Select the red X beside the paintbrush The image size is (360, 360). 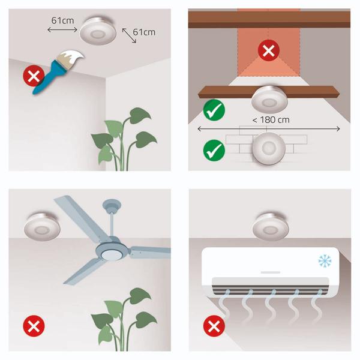point(34,76)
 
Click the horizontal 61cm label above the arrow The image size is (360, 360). point(62,20)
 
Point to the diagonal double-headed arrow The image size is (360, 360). point(129,35)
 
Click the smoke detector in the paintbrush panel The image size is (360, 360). point(98,31)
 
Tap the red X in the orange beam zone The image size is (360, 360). point(269,50)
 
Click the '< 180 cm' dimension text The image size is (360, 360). point(271,120)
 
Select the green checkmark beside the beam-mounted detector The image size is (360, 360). point(214,110)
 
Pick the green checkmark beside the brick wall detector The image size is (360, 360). point(214,151)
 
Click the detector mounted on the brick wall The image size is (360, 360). point(269,148)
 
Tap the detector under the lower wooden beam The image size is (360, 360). point(269,99)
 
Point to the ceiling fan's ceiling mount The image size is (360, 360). point(112,205)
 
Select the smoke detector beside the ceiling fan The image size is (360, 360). point(42,227)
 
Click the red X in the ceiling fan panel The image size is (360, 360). point(34,326)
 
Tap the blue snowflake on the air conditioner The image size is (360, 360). point(325,261)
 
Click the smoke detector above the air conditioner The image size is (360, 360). point(271,227)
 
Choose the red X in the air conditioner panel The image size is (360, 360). point(214,326)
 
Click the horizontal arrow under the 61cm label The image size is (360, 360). point(62,29)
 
